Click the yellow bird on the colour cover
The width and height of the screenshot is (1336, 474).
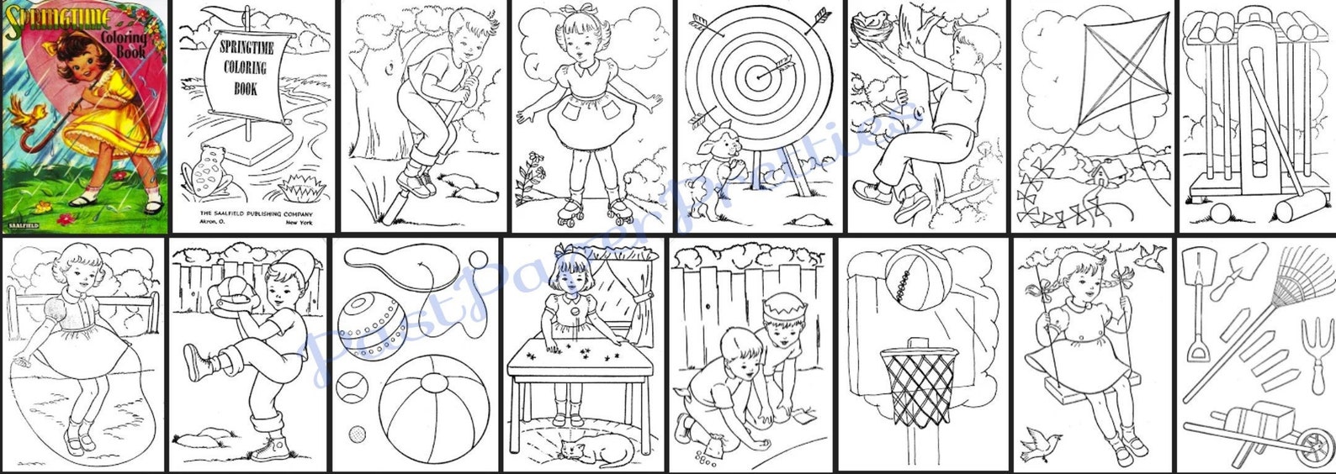[25, 113]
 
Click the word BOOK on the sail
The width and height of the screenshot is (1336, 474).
[246, 87]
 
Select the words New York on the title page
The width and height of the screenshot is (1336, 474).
[304, 223]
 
